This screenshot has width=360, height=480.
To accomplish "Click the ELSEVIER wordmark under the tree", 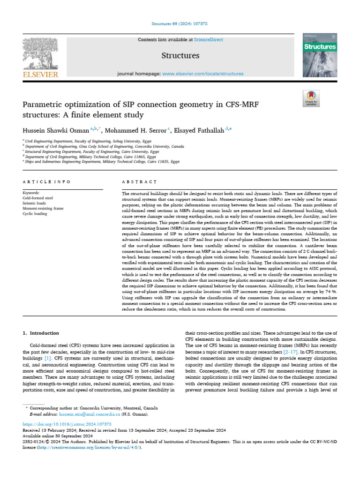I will tap(40, 74).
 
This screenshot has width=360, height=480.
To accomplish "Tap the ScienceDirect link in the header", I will tap(209, 40).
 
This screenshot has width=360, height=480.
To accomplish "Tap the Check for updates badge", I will tap(311, 98).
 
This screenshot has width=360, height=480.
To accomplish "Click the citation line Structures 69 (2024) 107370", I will tap(180, 23).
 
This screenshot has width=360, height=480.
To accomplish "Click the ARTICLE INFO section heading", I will tap(46, 181).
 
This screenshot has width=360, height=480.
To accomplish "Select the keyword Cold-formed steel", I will tap(38, 198).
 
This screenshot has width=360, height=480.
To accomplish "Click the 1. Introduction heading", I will tap(41, 333).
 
